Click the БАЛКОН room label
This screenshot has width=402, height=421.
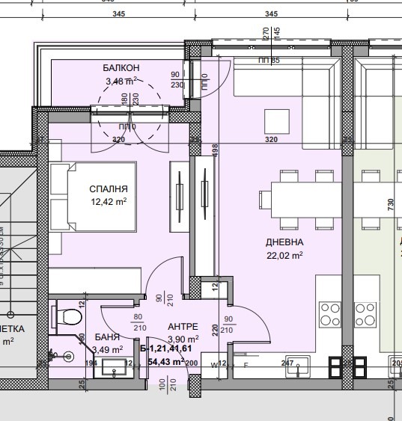pos(121,68)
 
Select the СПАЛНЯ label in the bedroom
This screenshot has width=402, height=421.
pos(109,190)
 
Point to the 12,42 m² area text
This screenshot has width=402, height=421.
pos(109,202)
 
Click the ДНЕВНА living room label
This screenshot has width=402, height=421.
pos(284,243)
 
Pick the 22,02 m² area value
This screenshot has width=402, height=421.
pos(284,255)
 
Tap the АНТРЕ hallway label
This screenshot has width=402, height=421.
pos(183,327)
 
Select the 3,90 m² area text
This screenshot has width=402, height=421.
pos(183,339)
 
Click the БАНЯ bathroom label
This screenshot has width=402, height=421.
pos(107,338)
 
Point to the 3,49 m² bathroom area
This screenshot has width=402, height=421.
pos(108,349)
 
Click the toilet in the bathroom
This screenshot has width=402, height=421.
pos(69,316)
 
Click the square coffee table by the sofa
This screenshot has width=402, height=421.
pos(276,120)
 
